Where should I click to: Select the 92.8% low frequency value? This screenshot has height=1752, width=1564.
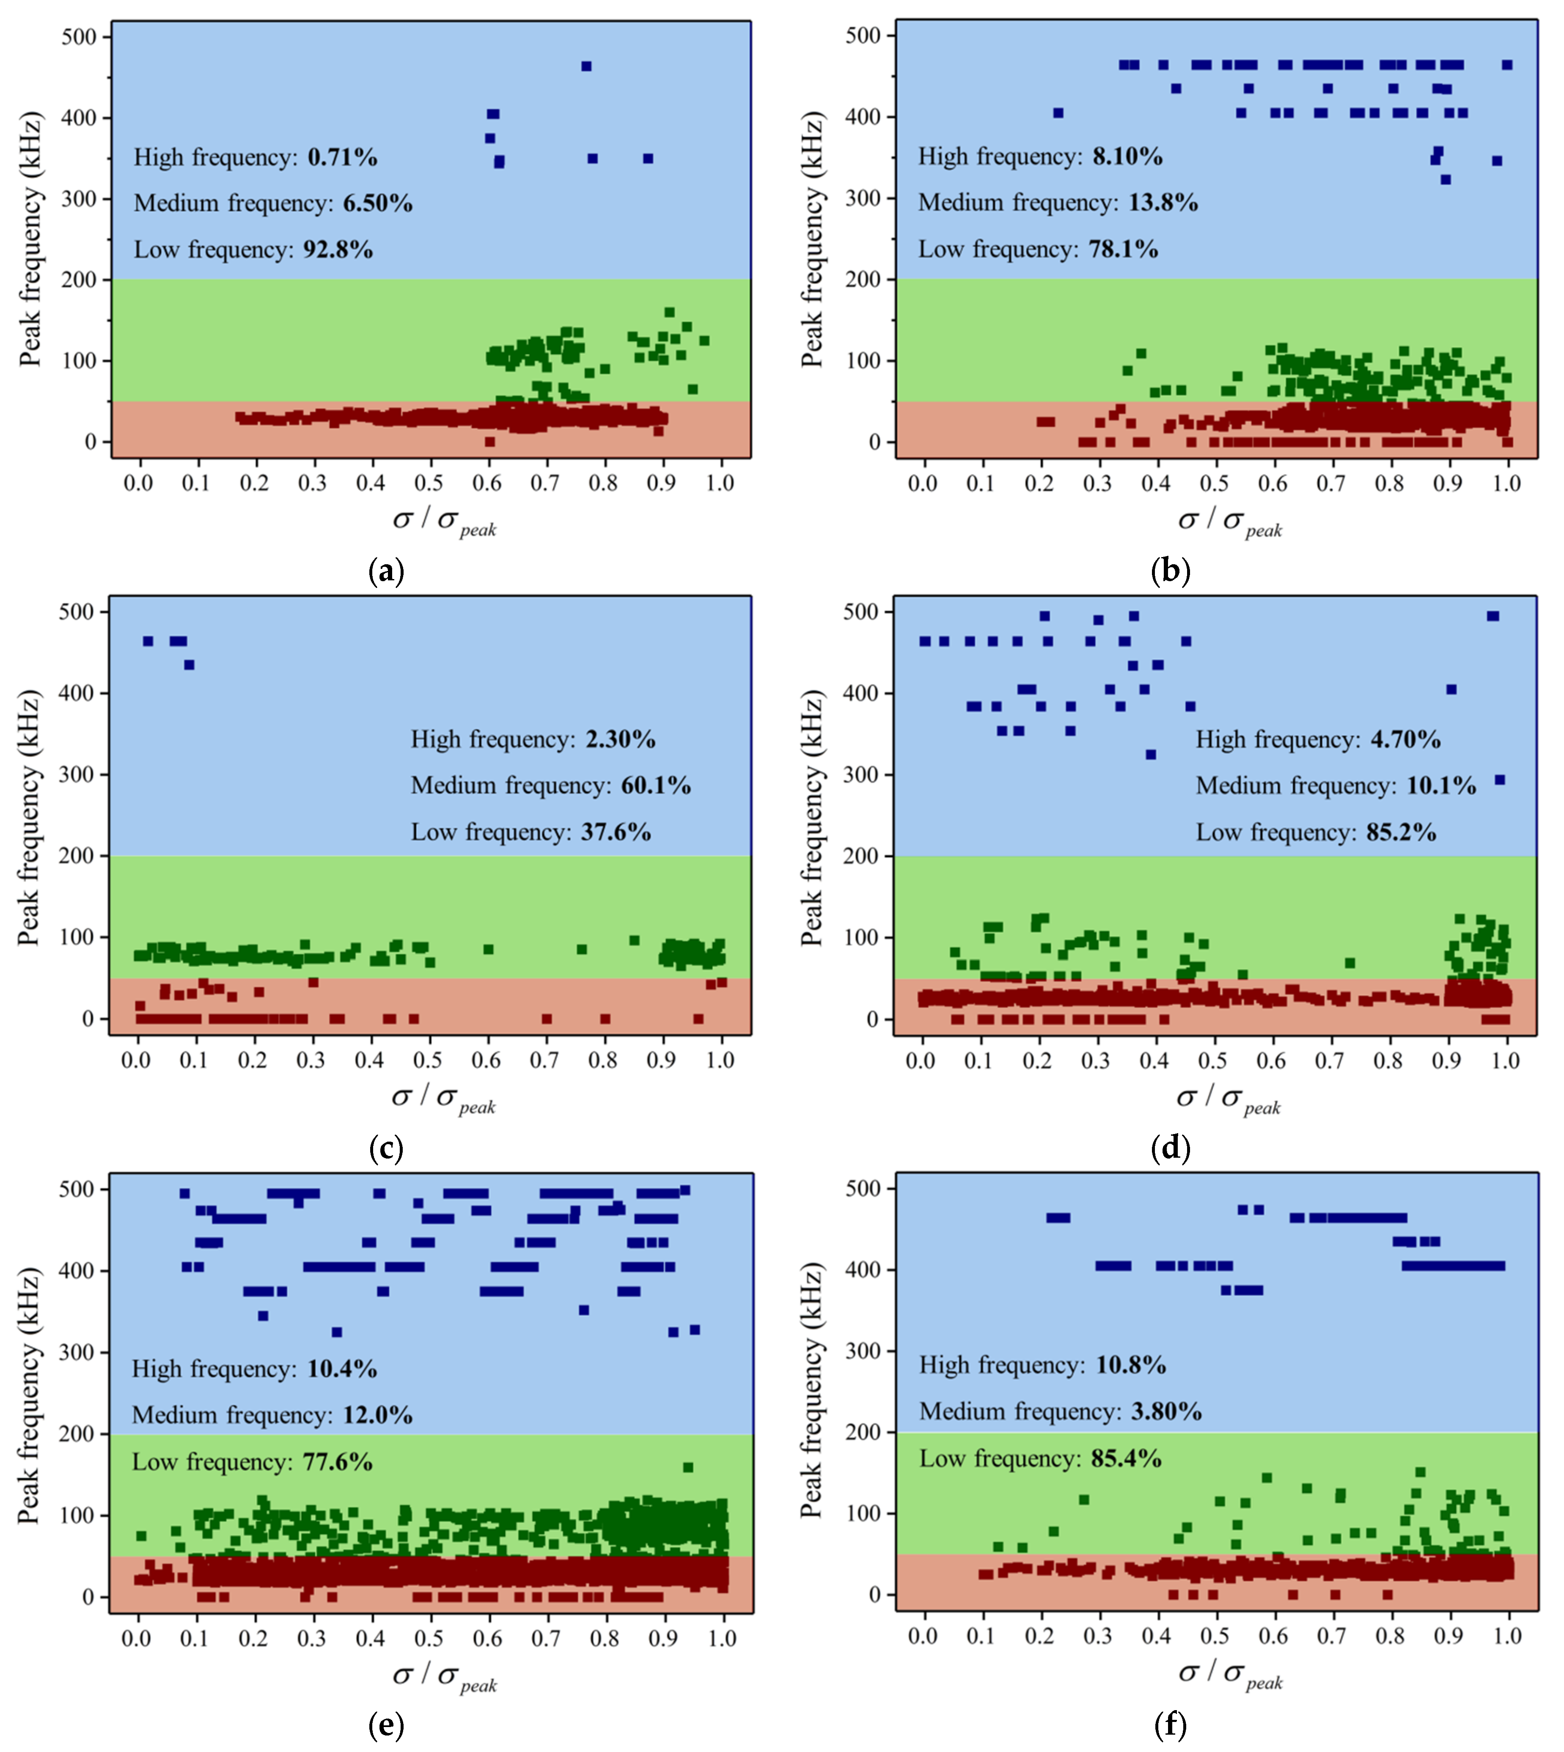pyautogui.click(x=338, y=250)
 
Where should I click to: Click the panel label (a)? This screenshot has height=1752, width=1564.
pyautogui.click(x=385, y=571)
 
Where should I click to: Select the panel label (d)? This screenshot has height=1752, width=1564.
pyautogui.click(x=1171, y=1148)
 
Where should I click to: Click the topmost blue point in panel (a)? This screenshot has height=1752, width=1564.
pyautogui.click(x=586, y=66)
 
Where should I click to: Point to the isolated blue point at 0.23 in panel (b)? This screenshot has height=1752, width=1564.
pyautogui.click(x=1058, y=113)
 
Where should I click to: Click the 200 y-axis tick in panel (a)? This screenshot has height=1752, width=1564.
pyautogui.click(x=80, y=280)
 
